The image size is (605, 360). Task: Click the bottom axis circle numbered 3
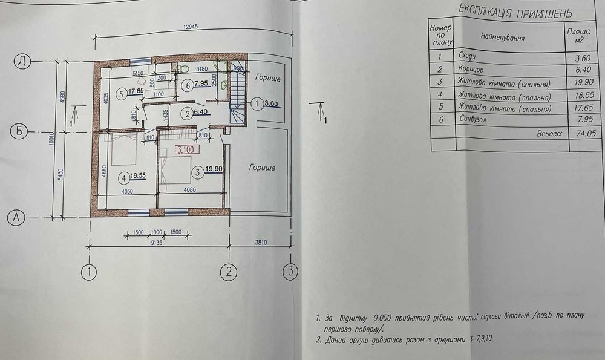(290, 271)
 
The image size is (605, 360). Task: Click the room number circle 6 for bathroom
(188, 86)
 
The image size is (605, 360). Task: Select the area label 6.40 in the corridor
(201, 113)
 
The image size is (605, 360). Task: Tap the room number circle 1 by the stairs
(258, 104)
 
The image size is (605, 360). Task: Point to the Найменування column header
(502, 37)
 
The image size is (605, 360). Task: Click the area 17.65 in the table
(578, 109)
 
